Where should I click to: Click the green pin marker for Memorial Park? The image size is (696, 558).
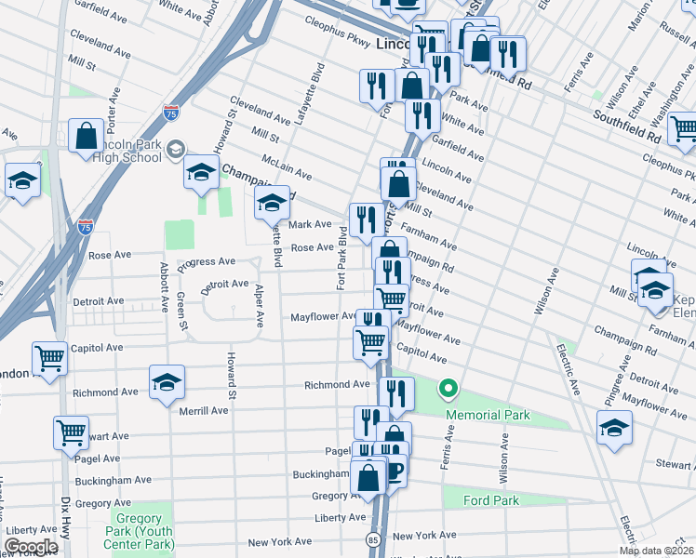(448, 388)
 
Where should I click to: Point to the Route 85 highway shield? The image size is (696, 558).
(373, 538)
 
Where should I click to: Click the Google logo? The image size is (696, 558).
(31, 547)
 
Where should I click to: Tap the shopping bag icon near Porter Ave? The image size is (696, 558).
(86, 136)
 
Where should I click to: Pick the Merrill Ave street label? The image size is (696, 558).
(204, 410)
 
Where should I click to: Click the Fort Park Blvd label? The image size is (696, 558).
(341, 263)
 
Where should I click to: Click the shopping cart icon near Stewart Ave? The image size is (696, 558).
(71, 432)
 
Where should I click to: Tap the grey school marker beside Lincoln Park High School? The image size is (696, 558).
(178, 148)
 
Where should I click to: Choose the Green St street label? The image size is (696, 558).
(181, 312)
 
